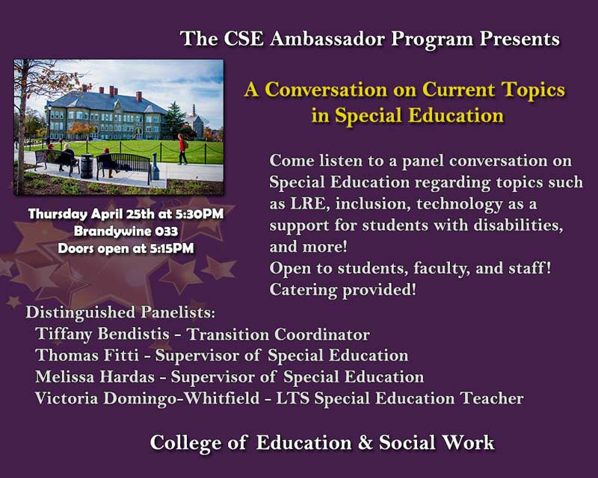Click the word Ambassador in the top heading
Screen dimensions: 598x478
coord(327,40)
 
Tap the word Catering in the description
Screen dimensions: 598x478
coord(303,290)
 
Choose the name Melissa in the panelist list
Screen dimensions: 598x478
coord(65,376)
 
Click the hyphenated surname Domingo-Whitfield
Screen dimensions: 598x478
coord(182,398)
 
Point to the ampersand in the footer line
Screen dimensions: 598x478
coord(365,443)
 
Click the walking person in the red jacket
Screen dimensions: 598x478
coord(182,149)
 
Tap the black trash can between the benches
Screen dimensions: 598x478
coord(87,167)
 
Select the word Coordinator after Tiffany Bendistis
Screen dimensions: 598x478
coord(322,335)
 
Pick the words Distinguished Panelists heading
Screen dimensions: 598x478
coord(120,313)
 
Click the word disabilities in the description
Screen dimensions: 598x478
coord(518,226)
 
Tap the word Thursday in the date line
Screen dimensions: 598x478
coord(58,214)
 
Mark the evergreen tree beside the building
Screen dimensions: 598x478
coord(175,120)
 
